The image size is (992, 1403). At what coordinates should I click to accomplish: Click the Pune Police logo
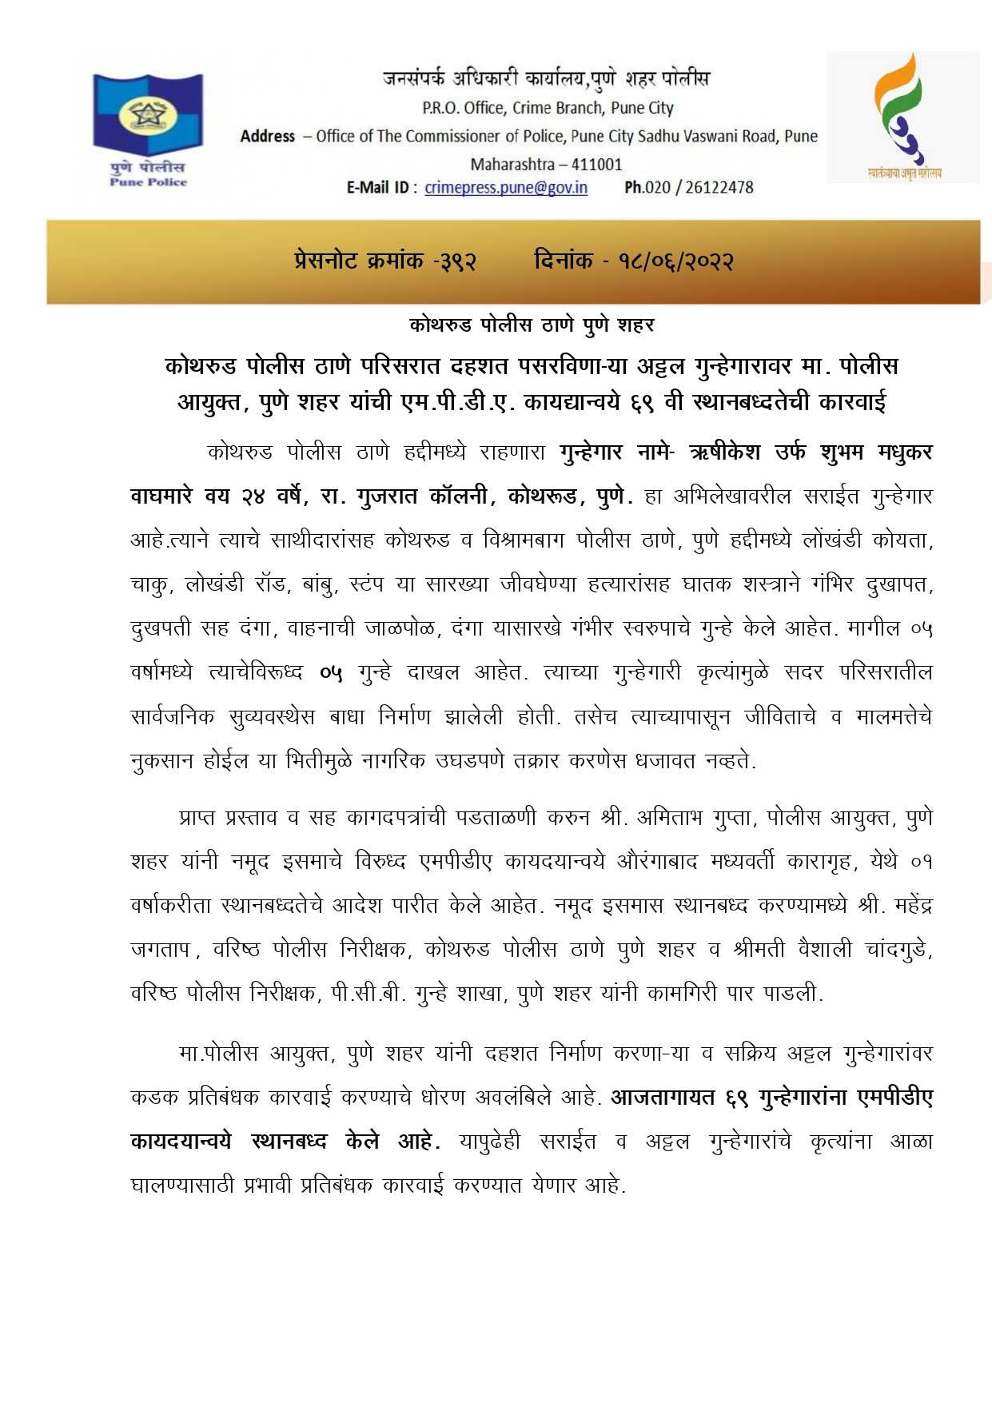click(x=148, y=128)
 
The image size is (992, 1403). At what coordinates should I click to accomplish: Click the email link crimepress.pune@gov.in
click(x=506, y=188)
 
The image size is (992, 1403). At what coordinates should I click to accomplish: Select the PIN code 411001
click(x=596, y=165)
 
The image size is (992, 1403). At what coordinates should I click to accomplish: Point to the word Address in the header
click(x=268, y=137)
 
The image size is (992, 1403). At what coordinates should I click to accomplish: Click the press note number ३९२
click(x=458, y=261)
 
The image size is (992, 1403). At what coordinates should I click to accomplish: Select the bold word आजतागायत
click(x=663, y=1098)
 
